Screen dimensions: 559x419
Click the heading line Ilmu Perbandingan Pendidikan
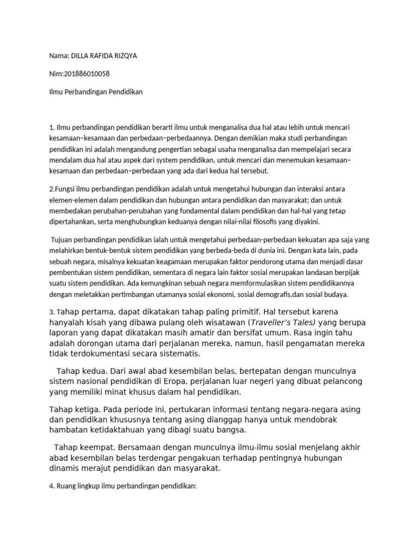coord(95,92)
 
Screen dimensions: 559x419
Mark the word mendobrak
coord(338,420)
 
